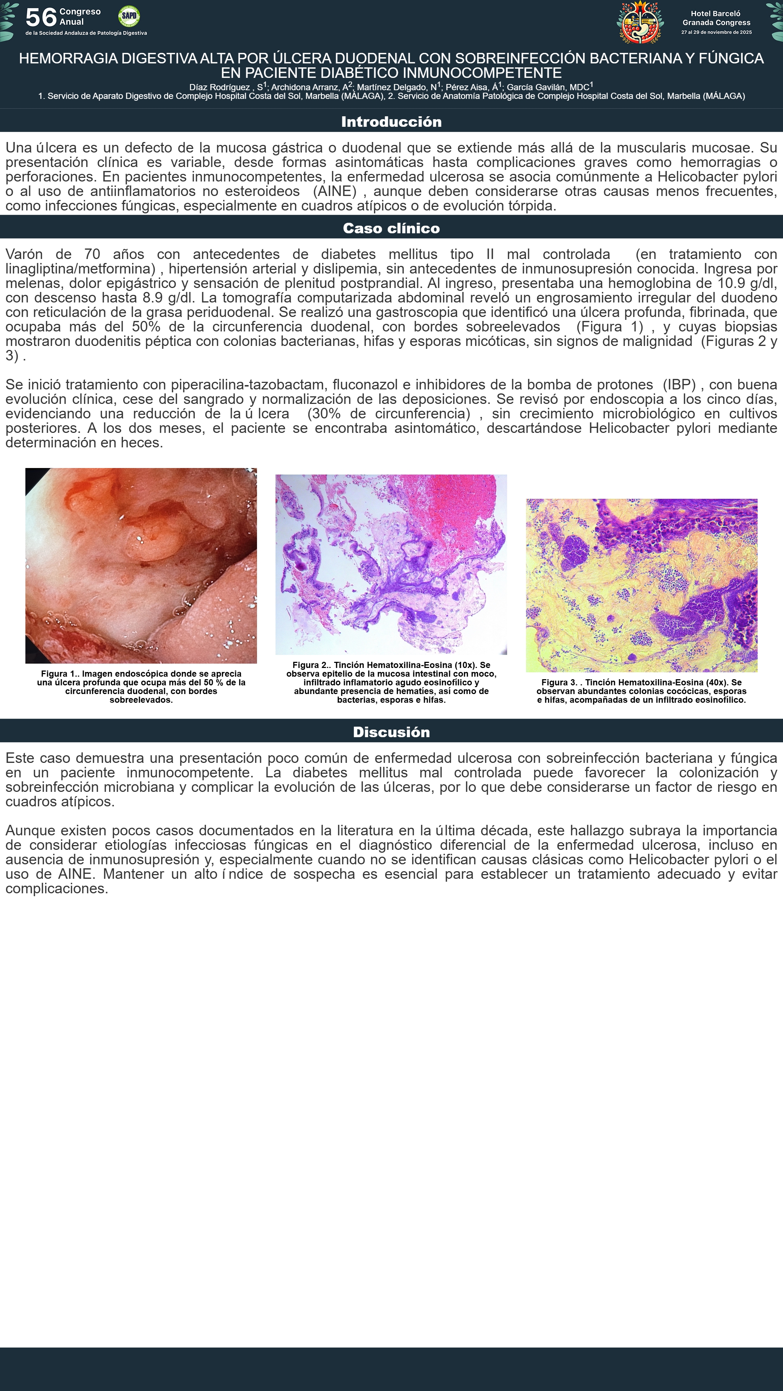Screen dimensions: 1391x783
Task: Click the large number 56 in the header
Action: click(41, 17)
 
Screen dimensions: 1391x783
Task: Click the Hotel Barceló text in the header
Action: click(716, 13)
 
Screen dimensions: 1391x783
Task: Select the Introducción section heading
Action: click(391, 122)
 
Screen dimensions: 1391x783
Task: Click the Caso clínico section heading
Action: click(391, 229)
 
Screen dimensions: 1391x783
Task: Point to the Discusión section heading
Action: click(391, 732)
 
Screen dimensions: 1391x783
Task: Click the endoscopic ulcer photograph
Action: click(141, 565)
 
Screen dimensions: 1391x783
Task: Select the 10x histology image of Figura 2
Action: click(391, 564)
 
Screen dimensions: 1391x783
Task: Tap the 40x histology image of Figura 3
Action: click(641, 585)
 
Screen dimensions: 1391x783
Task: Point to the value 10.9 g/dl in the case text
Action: click(747, 284)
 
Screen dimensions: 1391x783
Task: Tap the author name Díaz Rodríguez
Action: click(219, 87)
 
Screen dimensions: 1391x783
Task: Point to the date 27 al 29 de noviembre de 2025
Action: click(716, 32)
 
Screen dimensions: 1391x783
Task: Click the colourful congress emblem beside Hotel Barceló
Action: click(640, 22)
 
